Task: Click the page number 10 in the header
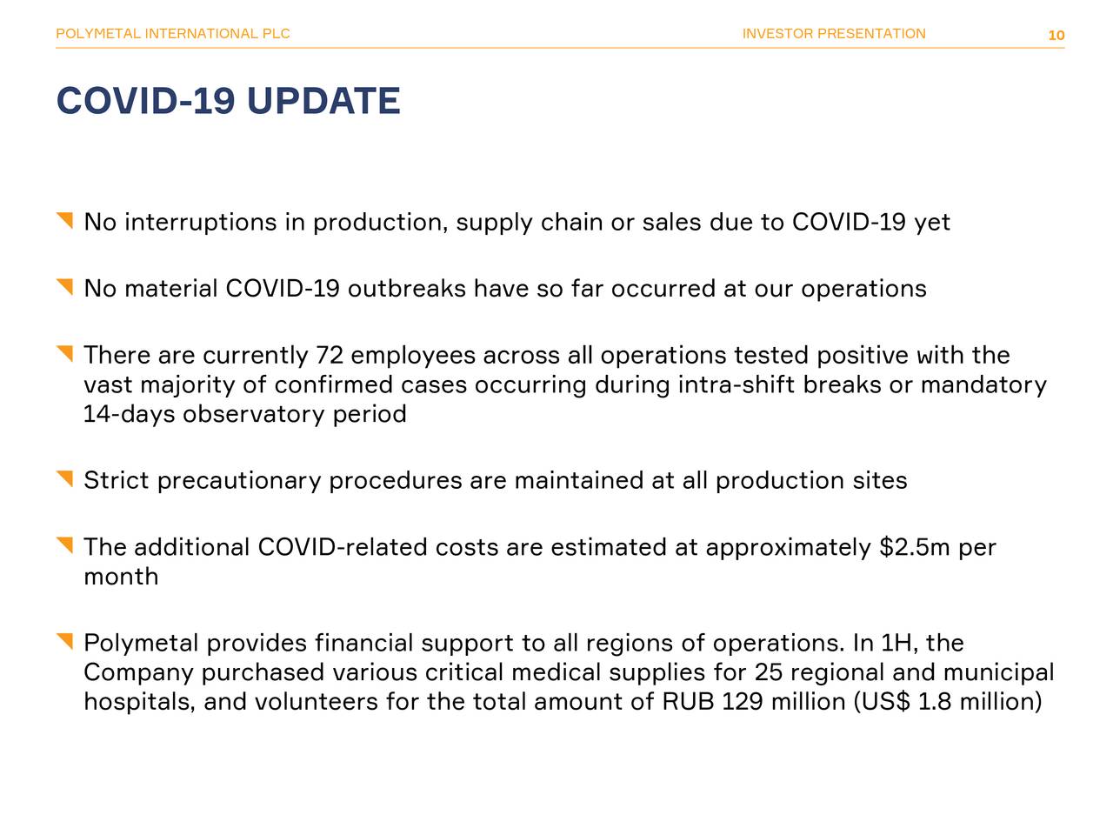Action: [1056, 36]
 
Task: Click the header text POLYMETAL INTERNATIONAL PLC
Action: [172, 34]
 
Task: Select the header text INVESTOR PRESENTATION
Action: [834, 34]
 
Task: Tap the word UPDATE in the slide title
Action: [323, 102]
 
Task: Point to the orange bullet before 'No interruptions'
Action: [65, 220]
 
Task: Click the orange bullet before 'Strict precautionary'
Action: [65, 478]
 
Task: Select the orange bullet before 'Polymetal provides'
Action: [65, 641]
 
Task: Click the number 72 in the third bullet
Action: [330, 356]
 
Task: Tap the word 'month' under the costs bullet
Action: [121, 577]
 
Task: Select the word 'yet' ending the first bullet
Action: [932, 223]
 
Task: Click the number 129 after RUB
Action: [743, 701]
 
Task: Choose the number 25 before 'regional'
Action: [768, 672]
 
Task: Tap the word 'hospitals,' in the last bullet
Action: [139, 701]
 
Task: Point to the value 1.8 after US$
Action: [935, 701]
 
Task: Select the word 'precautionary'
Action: [239, 481]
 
